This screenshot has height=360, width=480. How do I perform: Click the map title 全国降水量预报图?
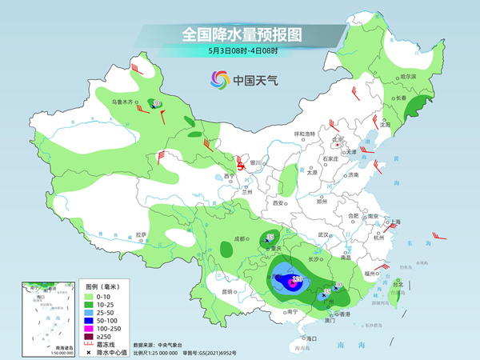tap(241, 34)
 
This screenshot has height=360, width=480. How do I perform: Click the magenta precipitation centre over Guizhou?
tap(293, 281)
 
